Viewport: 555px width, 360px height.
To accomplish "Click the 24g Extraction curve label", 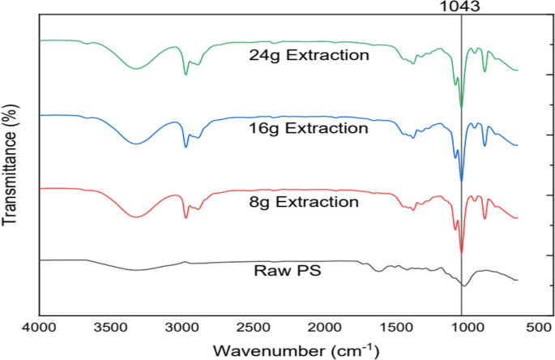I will [x=310, y=56].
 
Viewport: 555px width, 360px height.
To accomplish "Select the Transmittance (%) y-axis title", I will [x=11, y=165].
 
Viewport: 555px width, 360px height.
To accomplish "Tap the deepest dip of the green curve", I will [x=461, y=106].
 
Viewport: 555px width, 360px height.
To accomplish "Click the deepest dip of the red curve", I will [x=461, y=252].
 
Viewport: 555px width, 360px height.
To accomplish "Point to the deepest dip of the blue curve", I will [x=461, y=180].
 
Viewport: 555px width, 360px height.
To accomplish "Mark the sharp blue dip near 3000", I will [x=186, y=147].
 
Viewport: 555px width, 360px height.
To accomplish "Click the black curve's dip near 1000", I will [x=463, y=285].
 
